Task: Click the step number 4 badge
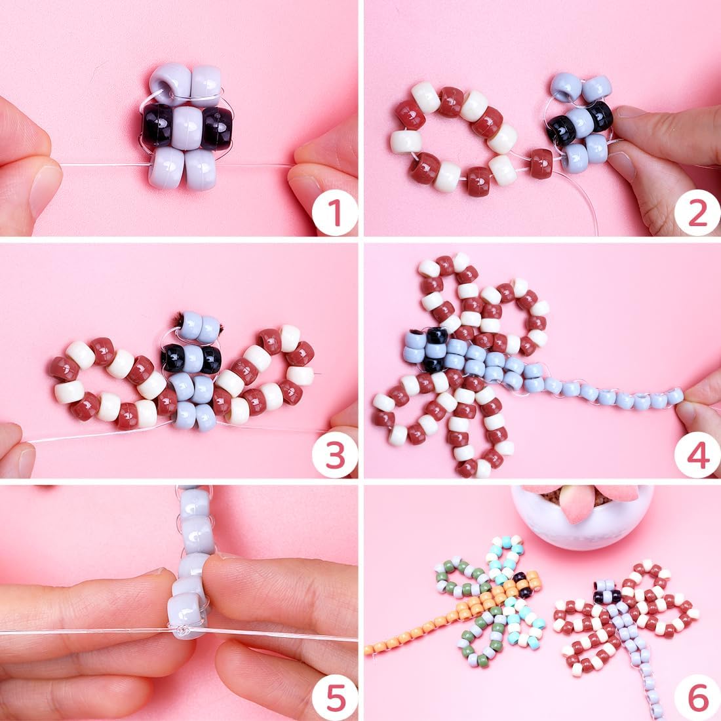[x=697, y=455]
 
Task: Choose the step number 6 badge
[x=697, y=697]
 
